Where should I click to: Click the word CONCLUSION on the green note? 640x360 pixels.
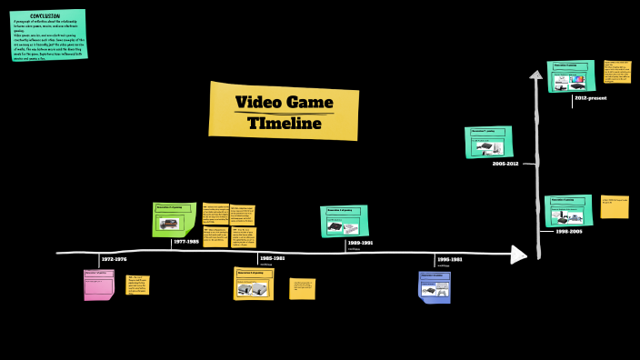point(45,16)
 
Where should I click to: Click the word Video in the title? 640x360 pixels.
point(258,102)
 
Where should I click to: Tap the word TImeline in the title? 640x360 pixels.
point(284,123)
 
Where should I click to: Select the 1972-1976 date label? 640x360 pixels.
point(114,260)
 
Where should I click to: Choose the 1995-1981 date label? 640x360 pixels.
point(449,260)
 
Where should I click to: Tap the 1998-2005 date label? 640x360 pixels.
point(555,232)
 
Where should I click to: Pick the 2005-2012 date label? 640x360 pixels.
point(505,164)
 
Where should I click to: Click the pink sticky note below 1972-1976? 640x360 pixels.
point(98,285)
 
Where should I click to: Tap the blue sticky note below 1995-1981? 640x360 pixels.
point(434,286)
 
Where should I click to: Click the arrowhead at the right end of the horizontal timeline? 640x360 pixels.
point(518,255)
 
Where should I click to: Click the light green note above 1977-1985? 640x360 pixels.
point(174,219)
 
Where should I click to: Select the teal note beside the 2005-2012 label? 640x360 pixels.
point(488,142)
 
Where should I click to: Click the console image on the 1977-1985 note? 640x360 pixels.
point(172,223)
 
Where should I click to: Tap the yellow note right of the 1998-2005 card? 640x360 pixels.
point(614,206)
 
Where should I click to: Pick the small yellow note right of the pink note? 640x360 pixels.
point(136,285)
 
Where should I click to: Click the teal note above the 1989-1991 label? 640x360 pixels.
point(344,221)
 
